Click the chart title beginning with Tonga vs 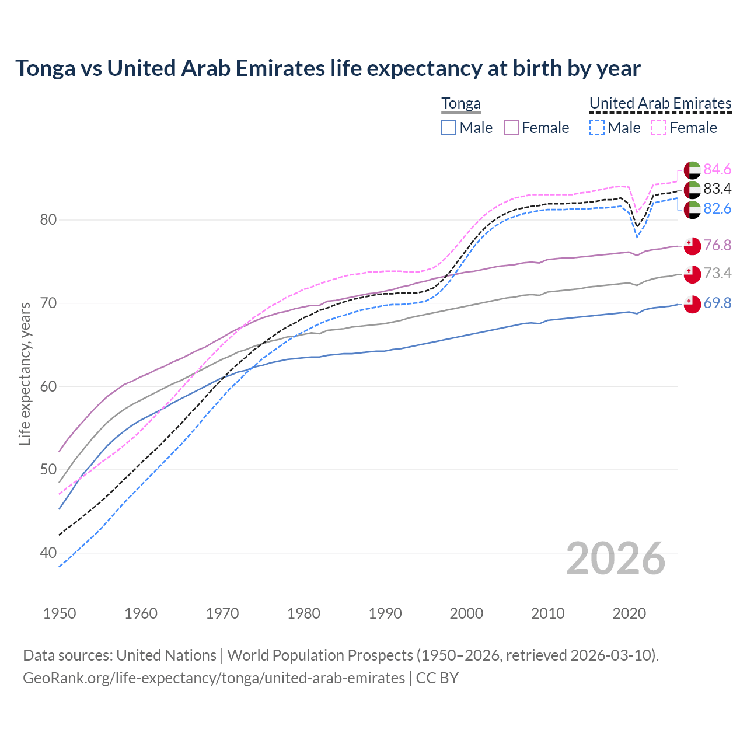[327, 68]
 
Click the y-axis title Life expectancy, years [25, 373]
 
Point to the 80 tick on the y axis [48, 220]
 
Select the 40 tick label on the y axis [48, 553]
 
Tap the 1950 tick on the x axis [60, 613]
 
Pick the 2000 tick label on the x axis [466, 613]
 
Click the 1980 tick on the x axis [303, 613]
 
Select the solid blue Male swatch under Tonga [449, 128]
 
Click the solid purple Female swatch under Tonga [511, 128]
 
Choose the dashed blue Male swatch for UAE [596, 128]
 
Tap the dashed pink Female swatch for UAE [659, 128]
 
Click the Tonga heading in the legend [461, 103]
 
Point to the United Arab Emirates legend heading [660, 103]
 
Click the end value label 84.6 [717, 169]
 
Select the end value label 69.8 [717, 303]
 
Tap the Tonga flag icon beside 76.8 [692, 246]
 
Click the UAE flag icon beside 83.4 [692, 189]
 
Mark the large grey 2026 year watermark [616, 558]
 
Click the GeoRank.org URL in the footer [214, 678]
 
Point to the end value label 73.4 [717, 273]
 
